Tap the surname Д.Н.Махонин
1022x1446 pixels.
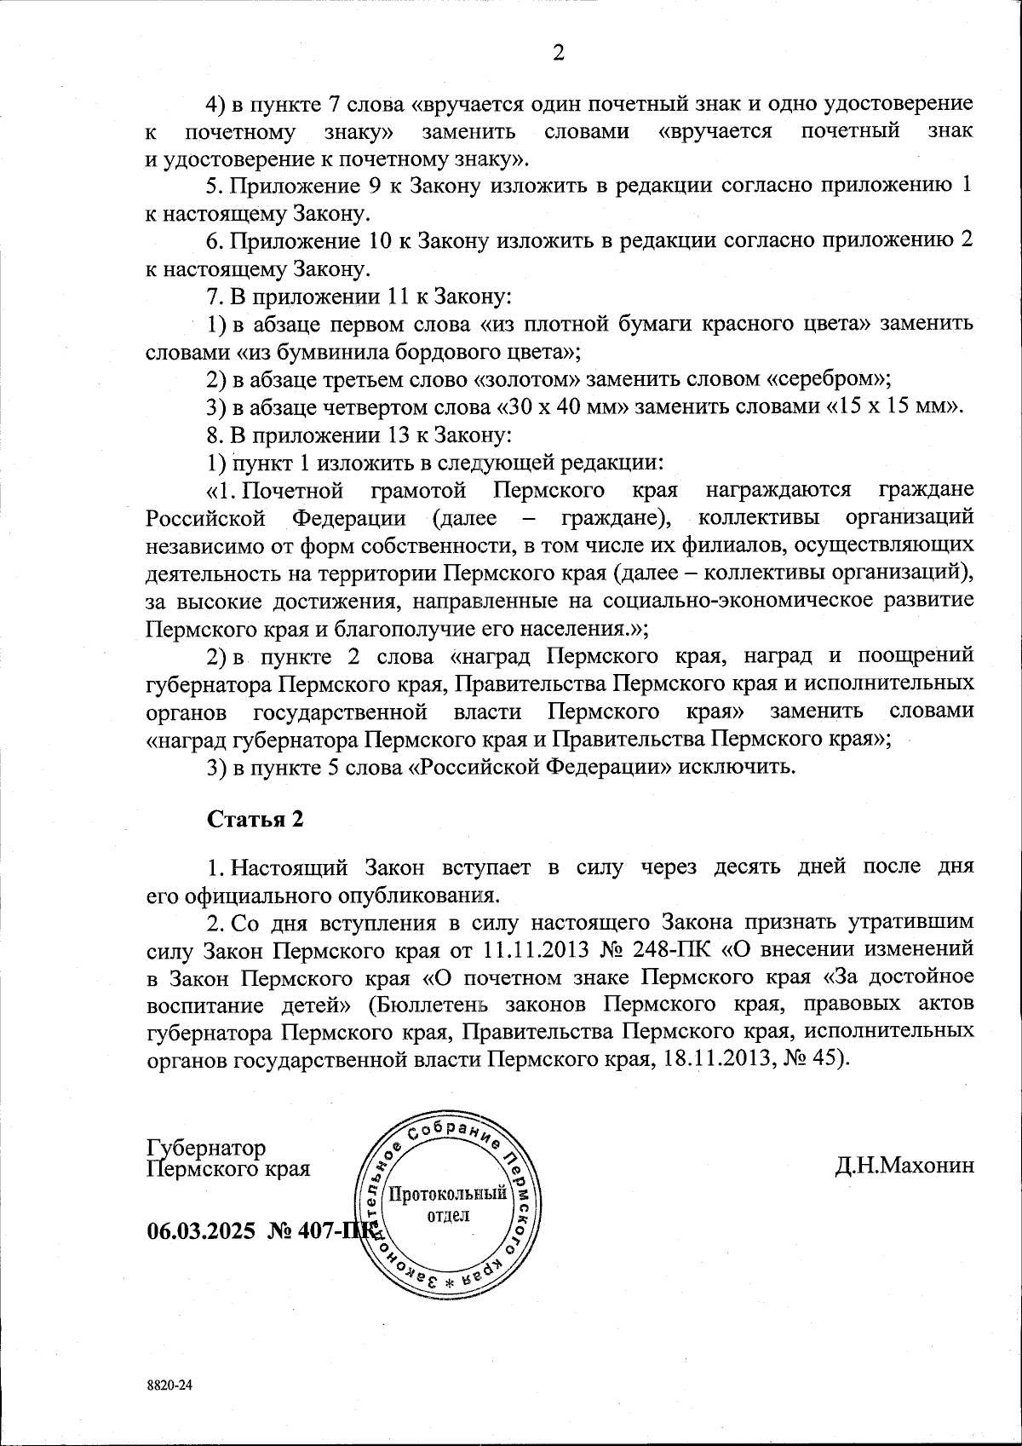904,1166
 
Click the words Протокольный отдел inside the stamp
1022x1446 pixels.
447,1204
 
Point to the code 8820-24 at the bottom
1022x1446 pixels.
170,1386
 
